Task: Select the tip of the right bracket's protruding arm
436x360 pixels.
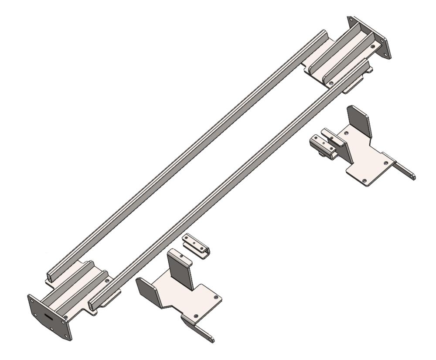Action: point(412,177)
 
